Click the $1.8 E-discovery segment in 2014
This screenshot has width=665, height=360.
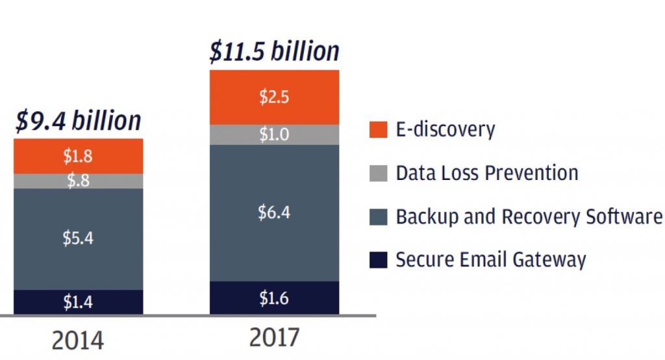pyautogui.click(x=78, y=156)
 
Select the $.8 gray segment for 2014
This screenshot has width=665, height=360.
pyautogui.click(x=78, y=181)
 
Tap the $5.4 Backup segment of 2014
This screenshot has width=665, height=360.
pyautogui.click(x=78, y=239)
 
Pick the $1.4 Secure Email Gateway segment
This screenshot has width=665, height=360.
pyautogui.click(x=78, y=302)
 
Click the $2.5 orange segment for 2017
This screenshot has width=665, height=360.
pyautogui.click(x=275, y=97)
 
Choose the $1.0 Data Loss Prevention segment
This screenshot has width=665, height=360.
pyautogui.click(x=275, y=135)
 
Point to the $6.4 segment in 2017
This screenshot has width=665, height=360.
pyautogui.click(x=275, y=212)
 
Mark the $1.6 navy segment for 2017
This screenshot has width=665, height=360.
pyautogui.click(x=275, y=298)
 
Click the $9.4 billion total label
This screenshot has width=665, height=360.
pyautogui.click(x=78, y=120)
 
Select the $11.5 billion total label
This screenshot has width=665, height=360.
pyautogui.click(x=275, y=51)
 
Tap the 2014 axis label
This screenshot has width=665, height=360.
pyautogui.click(x=78, y=340)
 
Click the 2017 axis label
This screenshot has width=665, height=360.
pyautogui.click(x=274, y=337)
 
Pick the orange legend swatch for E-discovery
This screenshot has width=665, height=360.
pyautogui.click(x=379, y=129)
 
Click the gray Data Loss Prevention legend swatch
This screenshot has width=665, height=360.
pyautogui.click(x=379, y=174)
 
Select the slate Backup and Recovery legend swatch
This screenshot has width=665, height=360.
pyautogui.click(x=379, y=217)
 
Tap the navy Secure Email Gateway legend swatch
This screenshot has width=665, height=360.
pyautogui.click(x=379, y=260)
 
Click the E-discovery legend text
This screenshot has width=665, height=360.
pyautogui.click(x=445, y=129)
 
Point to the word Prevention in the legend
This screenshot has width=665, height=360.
pyautogui.click(x=532, y=173)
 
